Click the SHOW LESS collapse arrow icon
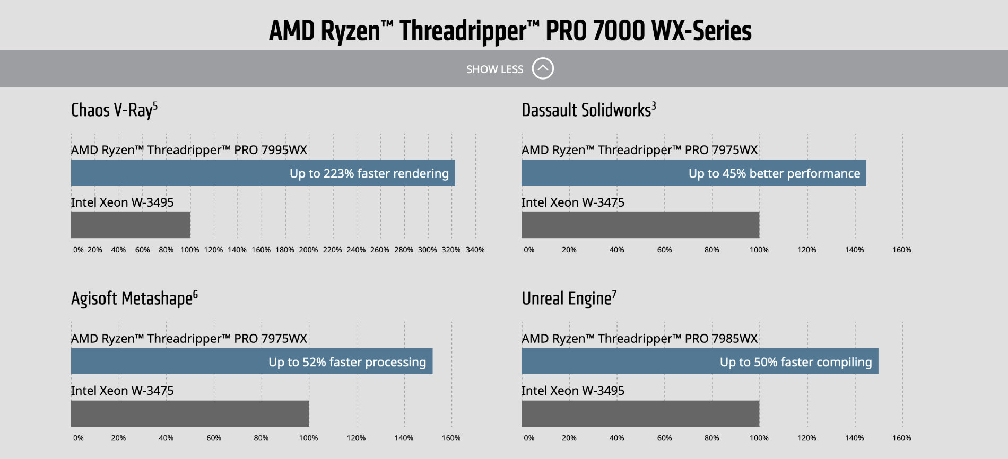click(543, 68)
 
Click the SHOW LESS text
click(494, 69)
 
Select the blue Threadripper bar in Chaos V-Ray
click(263, 173)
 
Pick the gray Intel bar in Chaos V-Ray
click(131, 225)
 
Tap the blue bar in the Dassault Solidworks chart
click(694, 173)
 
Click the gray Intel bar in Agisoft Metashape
click(190, 413)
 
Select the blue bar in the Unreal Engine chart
click(700, 361)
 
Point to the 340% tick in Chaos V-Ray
click(475, 250)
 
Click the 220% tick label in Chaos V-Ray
click(332, 250)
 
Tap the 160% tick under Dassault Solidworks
click(901, 250)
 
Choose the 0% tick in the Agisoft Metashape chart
click(79, 438)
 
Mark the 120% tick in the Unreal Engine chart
click(806, 438)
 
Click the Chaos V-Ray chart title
click(114, 110)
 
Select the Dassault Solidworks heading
click(589, 110)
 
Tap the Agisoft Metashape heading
click(134, 298)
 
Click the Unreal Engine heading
click(569, 298)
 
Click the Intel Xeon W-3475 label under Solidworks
click(573, 202)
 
